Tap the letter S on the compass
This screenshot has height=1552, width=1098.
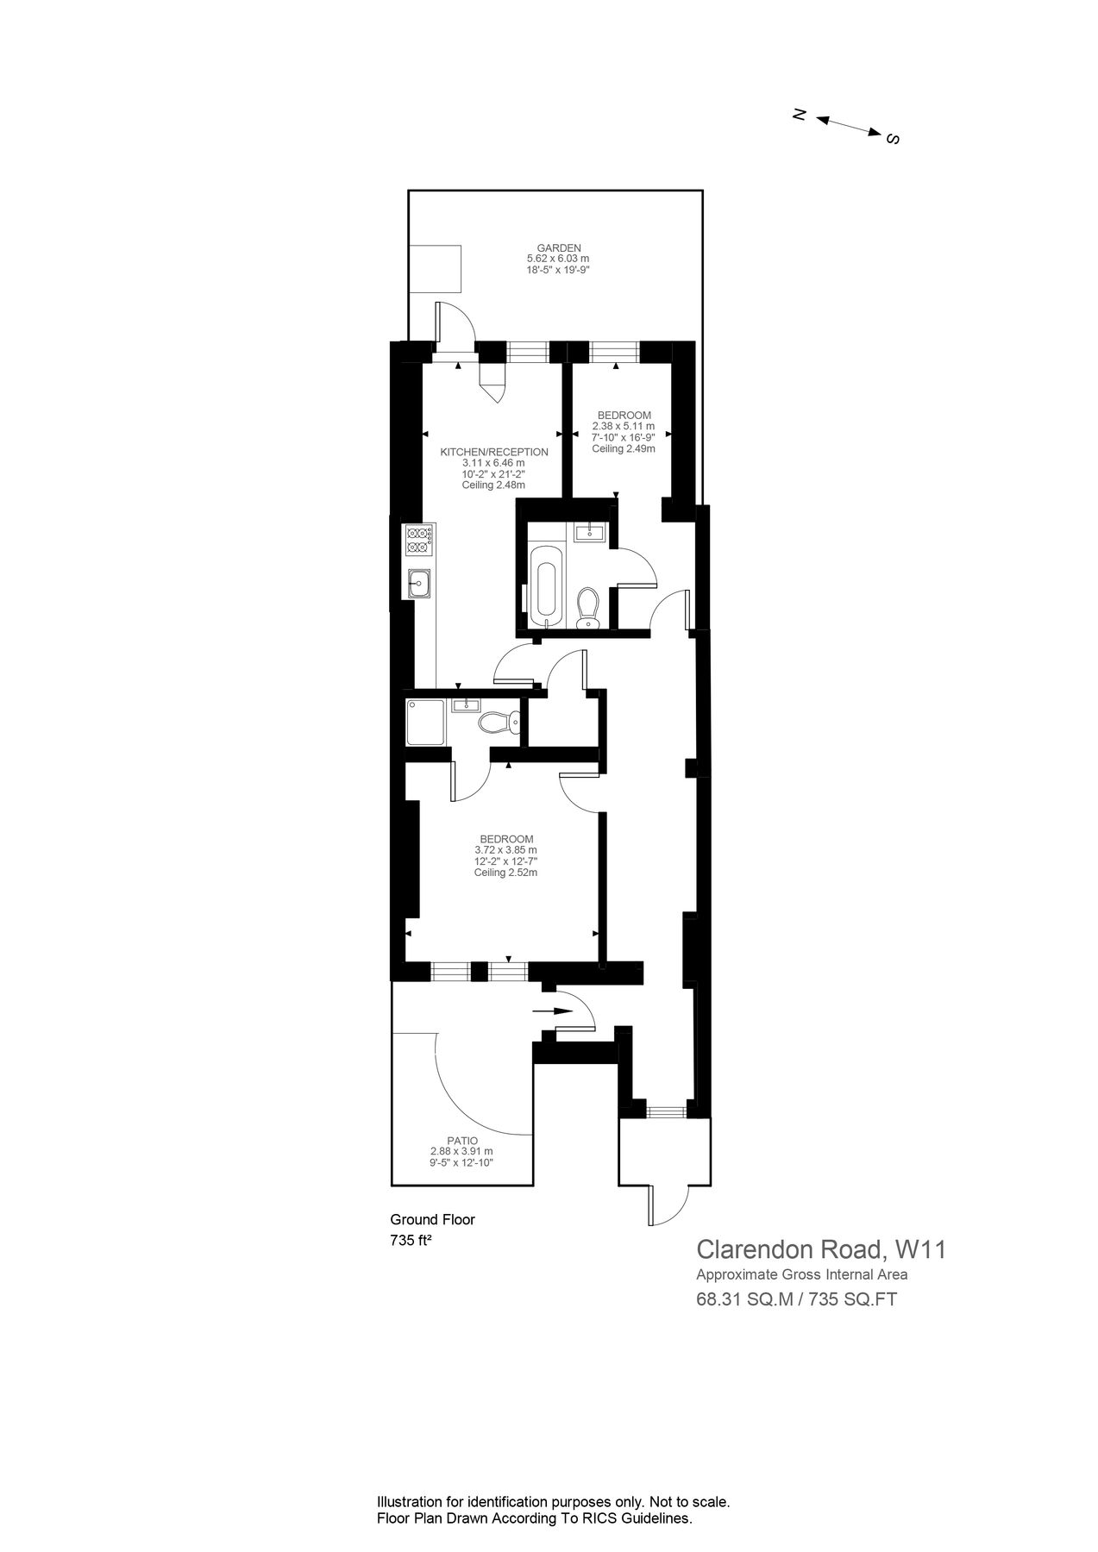click(x=894, y=139)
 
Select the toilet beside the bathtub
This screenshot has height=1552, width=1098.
click(x=587, y=607)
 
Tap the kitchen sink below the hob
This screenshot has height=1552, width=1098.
click(x=419, y=585)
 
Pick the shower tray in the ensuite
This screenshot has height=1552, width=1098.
click(x=425, y=723)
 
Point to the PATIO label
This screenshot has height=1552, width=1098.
click(x=461, y=1140)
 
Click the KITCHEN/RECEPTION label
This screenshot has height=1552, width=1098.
click(x=494, y=452)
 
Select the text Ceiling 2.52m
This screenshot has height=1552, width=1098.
click(x=505, y=873)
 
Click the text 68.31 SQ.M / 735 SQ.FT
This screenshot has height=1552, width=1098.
click(x=796, y=1299)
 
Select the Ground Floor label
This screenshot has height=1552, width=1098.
click(x=432, y=1219)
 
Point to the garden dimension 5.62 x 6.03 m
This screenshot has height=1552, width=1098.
click(x=558, y=259)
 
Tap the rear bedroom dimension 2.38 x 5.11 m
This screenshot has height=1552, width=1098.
click(x=623, y=426)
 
